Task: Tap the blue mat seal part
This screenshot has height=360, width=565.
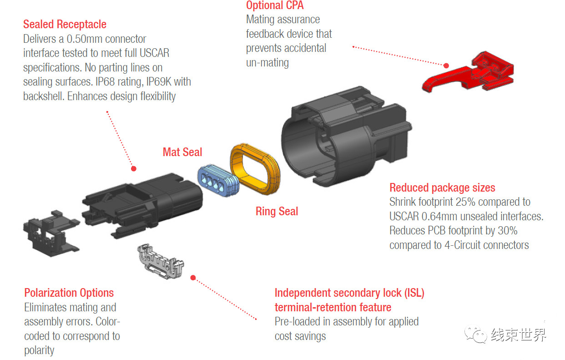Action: (217, 180)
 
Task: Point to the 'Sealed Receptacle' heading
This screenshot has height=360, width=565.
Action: (65, 24)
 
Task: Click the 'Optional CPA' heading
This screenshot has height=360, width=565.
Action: (274, 5)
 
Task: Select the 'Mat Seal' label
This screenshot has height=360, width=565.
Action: (182, 152)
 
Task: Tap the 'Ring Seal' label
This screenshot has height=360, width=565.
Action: (277, 211)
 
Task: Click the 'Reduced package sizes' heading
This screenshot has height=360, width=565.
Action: (442, 188)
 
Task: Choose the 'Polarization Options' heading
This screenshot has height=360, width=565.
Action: (69, 293)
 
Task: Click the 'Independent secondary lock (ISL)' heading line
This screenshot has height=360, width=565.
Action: (349, 293)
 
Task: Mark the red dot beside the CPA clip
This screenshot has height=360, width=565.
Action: (446, 66)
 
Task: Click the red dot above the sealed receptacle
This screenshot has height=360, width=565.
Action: (133, 168)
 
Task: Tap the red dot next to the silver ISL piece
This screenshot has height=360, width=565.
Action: (193, 277)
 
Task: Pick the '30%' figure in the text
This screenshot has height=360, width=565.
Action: (506, 230)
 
